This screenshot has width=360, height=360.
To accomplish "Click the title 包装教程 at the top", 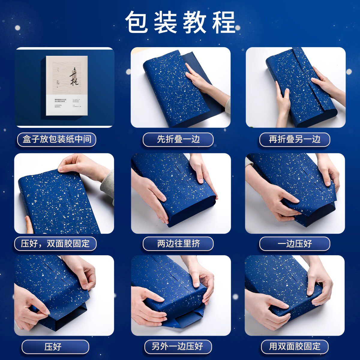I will (180, 22).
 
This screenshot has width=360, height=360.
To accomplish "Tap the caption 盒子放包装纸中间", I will (57, 139).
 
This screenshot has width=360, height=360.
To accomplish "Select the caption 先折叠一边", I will (178, 139).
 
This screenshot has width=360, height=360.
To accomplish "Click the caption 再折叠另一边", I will (295, 139).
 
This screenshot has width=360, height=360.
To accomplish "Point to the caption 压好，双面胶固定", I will (55, 243).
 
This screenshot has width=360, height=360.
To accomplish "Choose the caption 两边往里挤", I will (178, 243).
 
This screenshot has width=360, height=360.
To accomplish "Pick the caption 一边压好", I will (295, 243).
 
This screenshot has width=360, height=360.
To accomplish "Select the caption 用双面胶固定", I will (295, 346).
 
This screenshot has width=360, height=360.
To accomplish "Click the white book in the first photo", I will (67, 85).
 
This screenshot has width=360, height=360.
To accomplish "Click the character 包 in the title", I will (136, 22).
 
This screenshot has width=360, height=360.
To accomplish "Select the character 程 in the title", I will (224, 22).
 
